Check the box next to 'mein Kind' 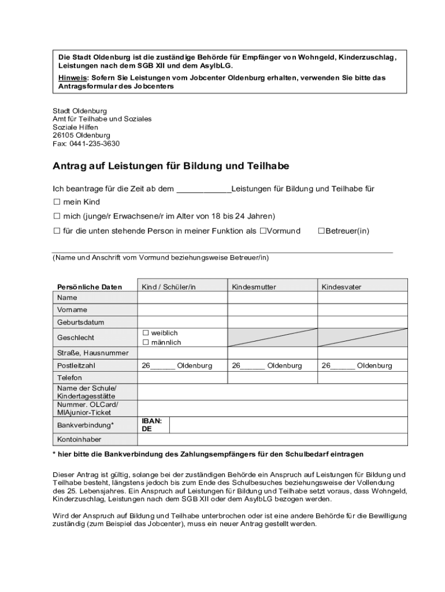(57, 202)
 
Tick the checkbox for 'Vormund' (262, 231)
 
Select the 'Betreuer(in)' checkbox (321, 231)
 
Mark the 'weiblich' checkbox (146, 333)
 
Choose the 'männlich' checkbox (146, 342)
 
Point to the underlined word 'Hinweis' (72, 77)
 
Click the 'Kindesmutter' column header (254, 287)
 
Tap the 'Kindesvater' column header (342, 287)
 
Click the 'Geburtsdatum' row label (80, 322)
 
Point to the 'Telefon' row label (70, 378)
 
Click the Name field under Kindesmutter (272, 297)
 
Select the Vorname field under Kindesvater (362, 309)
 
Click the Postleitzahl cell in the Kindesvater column (362, 365)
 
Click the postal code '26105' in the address (64, 135)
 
